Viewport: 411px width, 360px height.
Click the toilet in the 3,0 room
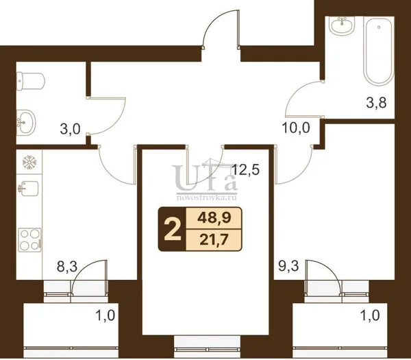coord(30,82)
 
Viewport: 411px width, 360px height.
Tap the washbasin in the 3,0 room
coord(26,122)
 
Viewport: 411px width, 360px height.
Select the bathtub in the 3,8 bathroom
coord(379,51)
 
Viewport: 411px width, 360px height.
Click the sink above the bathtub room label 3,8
coord(342,26)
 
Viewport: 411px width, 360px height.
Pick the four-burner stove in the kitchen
coord(29,240)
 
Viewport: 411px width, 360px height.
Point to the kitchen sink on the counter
coord(28,188)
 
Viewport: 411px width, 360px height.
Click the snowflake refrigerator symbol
coord(30,163)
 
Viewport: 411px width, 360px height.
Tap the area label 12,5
coord(246,169)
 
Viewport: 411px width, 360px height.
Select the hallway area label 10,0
coord(296,128)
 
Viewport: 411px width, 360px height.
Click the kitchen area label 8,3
coord(67,267)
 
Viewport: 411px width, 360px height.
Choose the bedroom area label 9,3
coord(288,267)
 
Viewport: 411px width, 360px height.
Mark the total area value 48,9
coord(214,218)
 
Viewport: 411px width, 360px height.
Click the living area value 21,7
coord(213,240)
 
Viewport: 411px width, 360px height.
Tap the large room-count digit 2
coord(173,230)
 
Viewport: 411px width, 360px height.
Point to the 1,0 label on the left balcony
coord(105,315)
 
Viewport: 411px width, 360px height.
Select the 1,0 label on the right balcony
coord(370,315)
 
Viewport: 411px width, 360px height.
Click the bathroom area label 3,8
coord(376,103)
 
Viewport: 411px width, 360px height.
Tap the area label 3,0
coord(70,130)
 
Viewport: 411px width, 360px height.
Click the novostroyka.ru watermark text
coord(207,197)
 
